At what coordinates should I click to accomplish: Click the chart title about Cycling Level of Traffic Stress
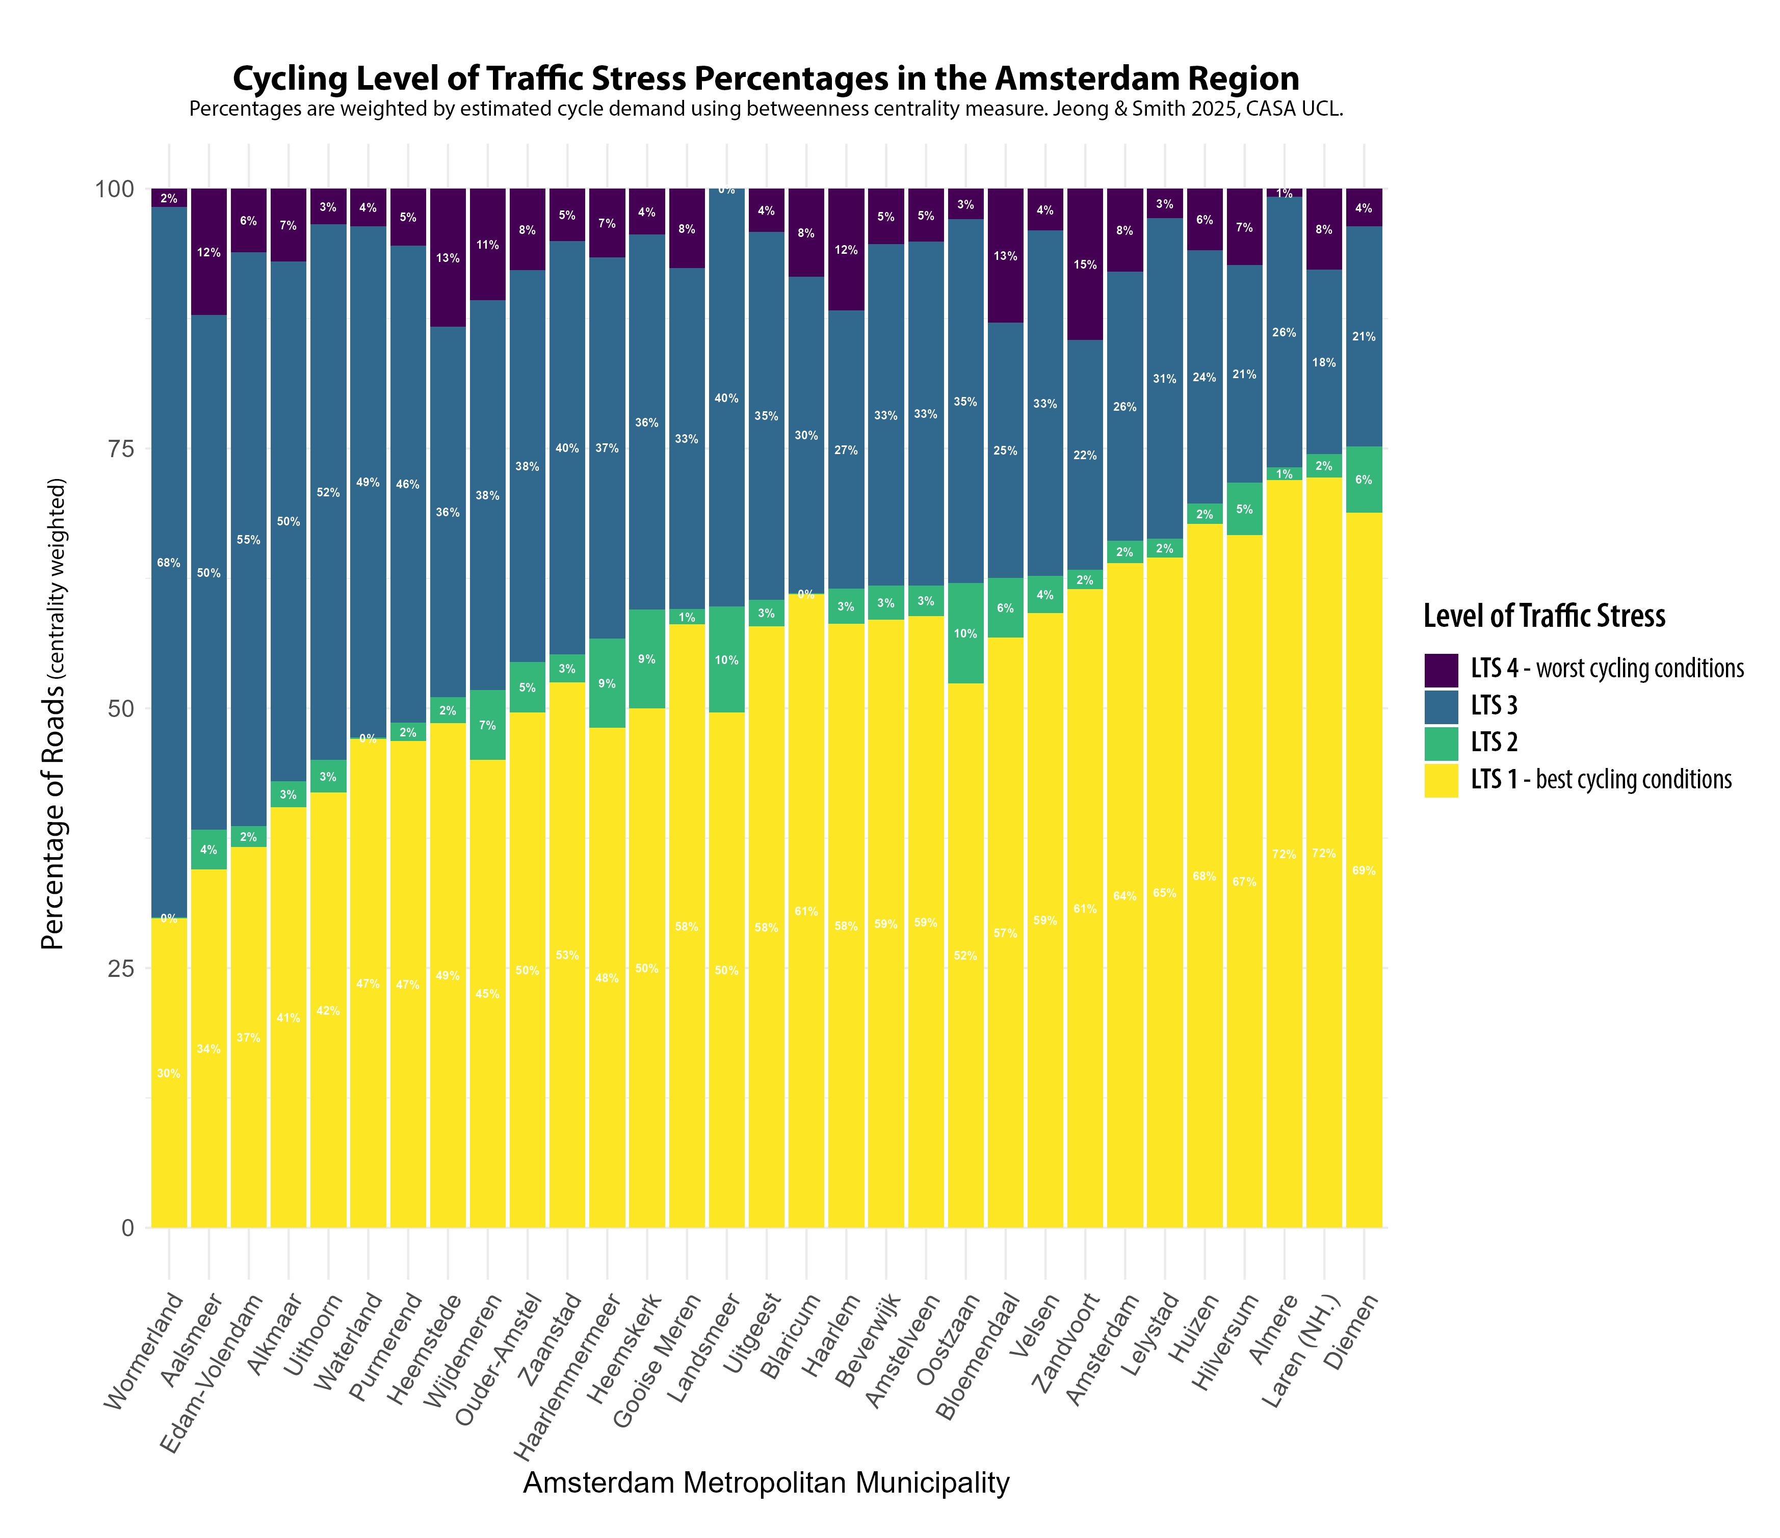coord(766,79)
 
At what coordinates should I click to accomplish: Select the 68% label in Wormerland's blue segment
coord(168,563)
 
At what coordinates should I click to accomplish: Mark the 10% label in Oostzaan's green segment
coord(965,634)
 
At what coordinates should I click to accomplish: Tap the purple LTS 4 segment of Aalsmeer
coord(209,252)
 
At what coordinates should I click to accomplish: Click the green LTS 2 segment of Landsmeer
coord(727,659)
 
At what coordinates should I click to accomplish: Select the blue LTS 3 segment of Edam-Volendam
coord(248,539)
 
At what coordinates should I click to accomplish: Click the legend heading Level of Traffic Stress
coord(1544,616)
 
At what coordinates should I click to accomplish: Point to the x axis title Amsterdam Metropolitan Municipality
coord(766,1483)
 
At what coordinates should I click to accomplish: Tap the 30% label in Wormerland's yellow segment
coord(168,1073)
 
